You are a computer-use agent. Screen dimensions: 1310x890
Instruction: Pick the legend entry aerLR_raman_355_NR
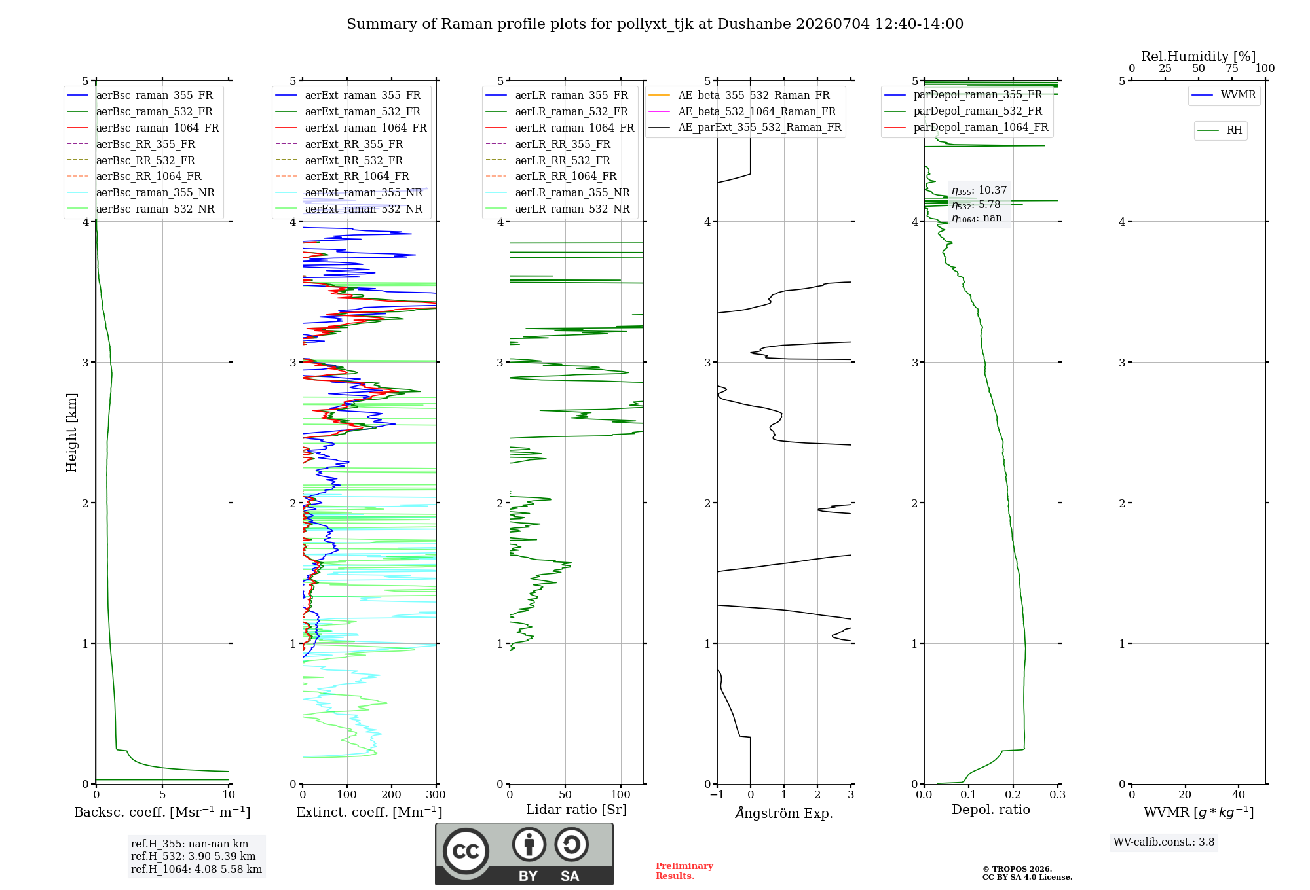tap(558, 192)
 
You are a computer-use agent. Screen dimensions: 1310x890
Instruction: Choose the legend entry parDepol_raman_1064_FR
tap(966, 127)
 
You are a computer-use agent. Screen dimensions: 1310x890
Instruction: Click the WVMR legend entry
tap(1224, 95)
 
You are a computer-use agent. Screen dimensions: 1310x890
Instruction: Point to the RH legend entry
tap(1220, 130)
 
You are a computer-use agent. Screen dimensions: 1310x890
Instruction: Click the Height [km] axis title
tap(71, 433)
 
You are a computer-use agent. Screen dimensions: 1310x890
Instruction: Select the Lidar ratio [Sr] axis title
tap(576, 810)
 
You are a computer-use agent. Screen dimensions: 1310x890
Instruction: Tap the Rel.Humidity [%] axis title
tap(1199, 56)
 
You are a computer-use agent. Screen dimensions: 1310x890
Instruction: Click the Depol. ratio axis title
tap(991, 810)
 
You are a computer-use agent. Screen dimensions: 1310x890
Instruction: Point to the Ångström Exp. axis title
tap(784, 813)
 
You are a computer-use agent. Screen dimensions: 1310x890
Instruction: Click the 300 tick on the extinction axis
tap(436, 794)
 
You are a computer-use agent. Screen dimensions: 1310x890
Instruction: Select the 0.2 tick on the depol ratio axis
tap(1013, 794)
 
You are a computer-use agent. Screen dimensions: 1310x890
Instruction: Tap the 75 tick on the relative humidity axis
tap(1232, 69)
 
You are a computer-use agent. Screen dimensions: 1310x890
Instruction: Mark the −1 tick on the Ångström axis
tap(717, 794)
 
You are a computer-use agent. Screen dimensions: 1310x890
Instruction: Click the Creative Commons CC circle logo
tap(466, 851)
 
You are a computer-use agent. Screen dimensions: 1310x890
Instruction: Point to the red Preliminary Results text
tap(684, 871)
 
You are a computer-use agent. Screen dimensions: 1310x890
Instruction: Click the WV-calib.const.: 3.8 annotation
tap(1164, 842)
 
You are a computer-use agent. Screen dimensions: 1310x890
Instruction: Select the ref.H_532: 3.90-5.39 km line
tap(193, 857)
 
